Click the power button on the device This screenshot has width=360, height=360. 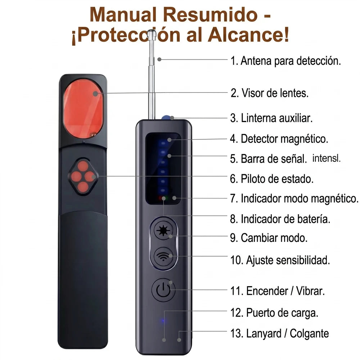[163, 290]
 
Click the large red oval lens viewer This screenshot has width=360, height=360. [83, 109]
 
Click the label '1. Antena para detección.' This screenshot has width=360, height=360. [285, 61]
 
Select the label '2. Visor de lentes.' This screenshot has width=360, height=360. [270, 93]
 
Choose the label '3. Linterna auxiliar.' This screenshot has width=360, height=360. [271, 118]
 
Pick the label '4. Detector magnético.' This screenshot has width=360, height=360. [279, 139]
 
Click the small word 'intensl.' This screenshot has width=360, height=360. [326, 158]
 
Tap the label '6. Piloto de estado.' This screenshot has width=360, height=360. [271, 179]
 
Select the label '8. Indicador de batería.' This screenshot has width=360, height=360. [280, 219]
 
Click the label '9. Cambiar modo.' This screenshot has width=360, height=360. [269, 238]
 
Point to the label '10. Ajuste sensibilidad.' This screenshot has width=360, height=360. [280, 260]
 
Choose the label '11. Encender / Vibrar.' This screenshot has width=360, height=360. [278, 291]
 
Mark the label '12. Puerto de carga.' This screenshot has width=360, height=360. [274, 313]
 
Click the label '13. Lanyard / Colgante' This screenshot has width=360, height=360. [280, 334]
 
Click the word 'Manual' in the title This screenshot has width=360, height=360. [123, 14]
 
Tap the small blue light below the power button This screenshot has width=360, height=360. [163, 320]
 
